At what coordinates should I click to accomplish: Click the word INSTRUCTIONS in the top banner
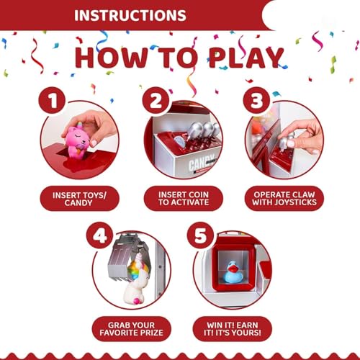[130, 15]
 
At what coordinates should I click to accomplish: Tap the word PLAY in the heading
[246, 58]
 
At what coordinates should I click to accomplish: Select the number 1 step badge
[52, 100]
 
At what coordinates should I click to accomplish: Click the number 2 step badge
[156, 100]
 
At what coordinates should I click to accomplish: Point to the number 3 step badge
[256, 100]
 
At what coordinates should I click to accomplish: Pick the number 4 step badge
[100, 235]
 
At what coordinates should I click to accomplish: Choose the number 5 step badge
[201, 235]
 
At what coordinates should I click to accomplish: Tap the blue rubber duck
[232, 272]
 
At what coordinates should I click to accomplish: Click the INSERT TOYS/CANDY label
[79, 199]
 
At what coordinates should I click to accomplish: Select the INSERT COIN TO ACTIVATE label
[184, 198]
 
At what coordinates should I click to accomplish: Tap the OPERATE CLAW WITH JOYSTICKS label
[284, 198]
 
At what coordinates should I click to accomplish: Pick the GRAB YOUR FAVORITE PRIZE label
[132, 329]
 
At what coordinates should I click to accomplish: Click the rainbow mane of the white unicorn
[135, 269]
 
